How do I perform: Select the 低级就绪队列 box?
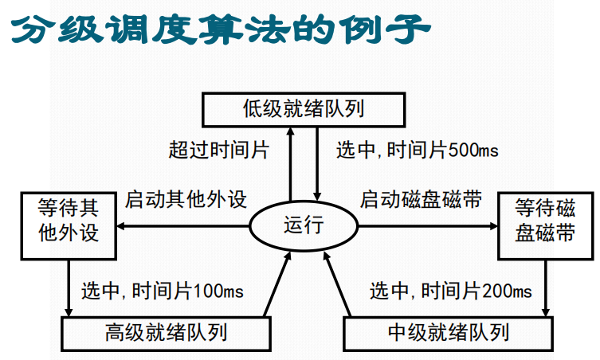coord(303,108)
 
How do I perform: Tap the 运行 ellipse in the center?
coord(304,225)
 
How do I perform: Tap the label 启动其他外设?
coord(186,199)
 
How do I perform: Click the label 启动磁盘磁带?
coord(421,199)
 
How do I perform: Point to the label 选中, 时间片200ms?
coord(450,292)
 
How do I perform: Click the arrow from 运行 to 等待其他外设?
coord(183,226)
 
